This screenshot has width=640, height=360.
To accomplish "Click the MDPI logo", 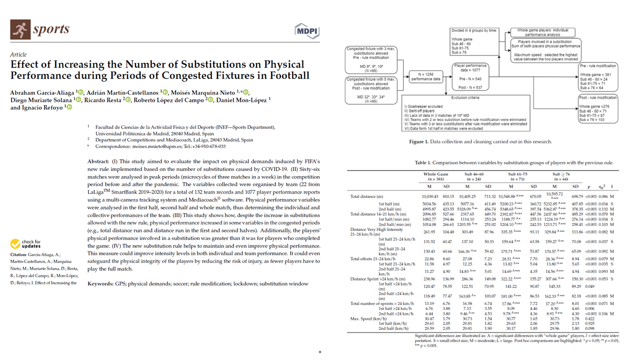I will click(306, 31).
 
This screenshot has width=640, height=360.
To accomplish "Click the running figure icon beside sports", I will click(20, 30).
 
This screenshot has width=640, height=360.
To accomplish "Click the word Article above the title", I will click(18, 54).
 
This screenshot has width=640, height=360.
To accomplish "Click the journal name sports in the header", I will click(51, 29).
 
